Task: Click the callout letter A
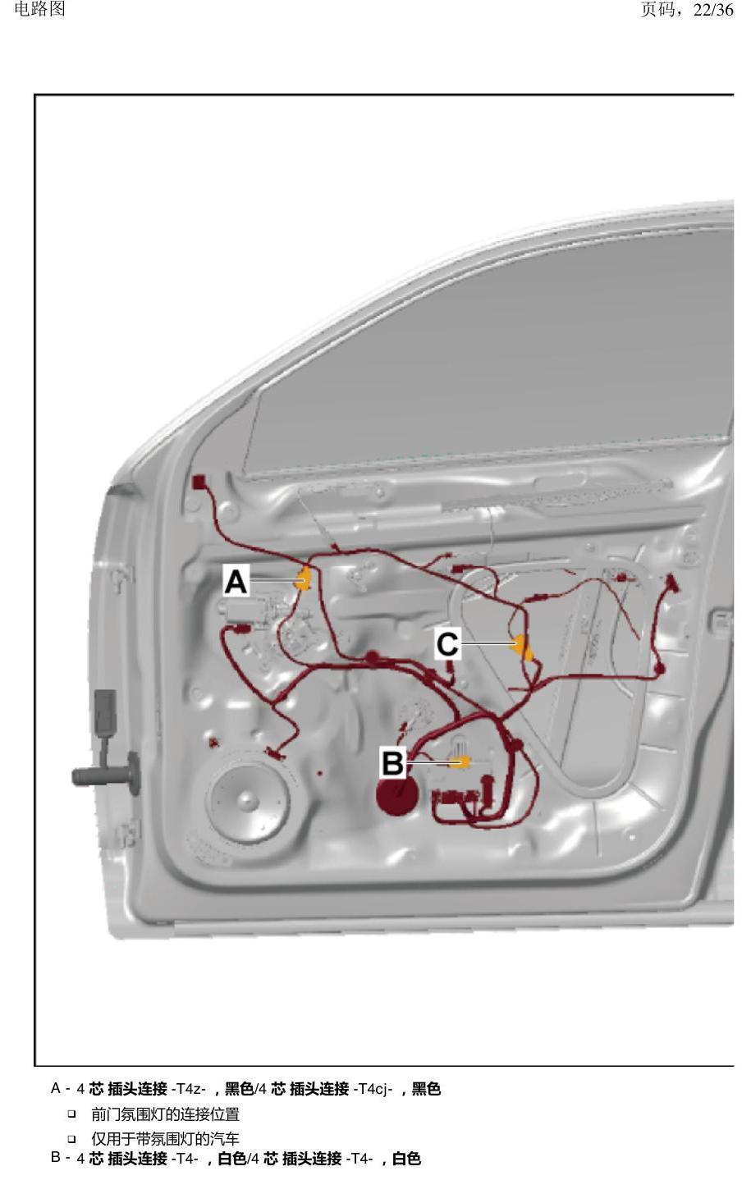[236, 582]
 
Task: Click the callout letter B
[392, 763]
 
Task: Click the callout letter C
[447, 644]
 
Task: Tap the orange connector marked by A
[304, 579]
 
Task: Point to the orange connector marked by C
[523, 647]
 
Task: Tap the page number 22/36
[713, 10]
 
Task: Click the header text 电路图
[40, 9]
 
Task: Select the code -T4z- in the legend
[189, 1089]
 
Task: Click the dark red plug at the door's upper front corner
[199, 482]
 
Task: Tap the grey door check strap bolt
[104, 775]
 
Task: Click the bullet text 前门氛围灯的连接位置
[166, 1114]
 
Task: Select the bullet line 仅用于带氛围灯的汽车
[166, 1139]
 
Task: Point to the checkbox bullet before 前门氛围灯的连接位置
[71, 1114]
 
